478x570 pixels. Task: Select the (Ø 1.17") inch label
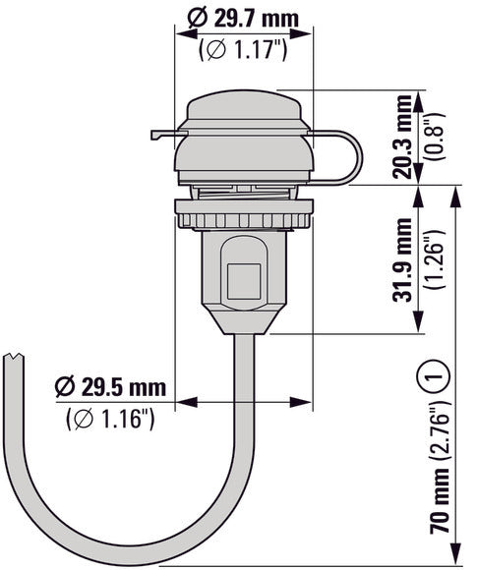coord(243,49)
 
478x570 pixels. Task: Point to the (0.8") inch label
coord(430,138)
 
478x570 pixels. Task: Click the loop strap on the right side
coord(339,157)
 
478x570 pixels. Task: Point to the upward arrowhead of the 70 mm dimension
coord(454,196)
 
